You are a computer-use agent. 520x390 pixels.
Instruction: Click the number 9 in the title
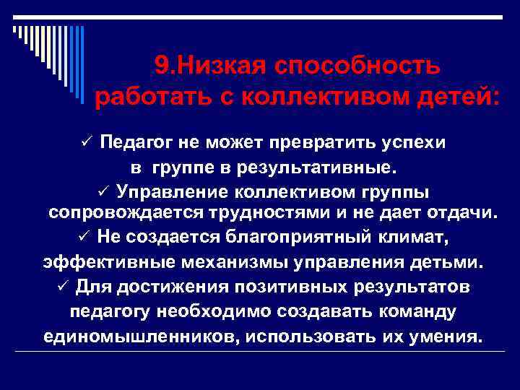click(x=161, y=66)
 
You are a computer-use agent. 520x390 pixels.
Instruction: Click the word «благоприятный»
click(x=290, y=237)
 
